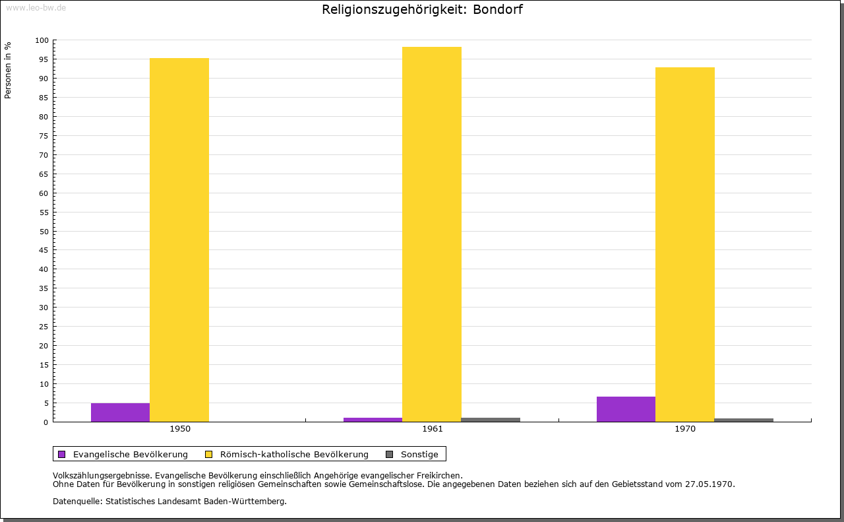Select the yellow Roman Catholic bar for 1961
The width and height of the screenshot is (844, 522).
[x=432, y=234]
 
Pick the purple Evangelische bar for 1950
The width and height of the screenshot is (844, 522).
[x=120, y=412]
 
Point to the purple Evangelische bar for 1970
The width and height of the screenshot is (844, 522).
[x=626, y=409]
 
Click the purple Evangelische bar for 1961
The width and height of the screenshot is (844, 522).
[x=373, y=420]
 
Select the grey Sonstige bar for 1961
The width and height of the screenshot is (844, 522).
[x=491, y=420]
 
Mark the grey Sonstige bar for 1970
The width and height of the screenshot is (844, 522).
[x=744, y=420]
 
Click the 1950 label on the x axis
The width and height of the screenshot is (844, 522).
[x=180, y=429]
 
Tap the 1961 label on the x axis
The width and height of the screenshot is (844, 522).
[x=433, y=429]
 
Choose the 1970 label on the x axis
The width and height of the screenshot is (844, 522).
[x=685, y=429]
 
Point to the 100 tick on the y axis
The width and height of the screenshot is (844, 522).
[x=42, y=40]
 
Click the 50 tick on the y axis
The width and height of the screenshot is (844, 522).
[x=44, y=231]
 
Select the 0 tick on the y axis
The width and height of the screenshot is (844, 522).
[x=46, y=422]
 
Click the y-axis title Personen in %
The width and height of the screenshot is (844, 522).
[x=8, y=70]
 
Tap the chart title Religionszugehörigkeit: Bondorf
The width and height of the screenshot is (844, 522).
[x=422, y=9]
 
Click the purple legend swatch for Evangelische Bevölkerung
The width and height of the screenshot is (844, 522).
[x=62, y=454]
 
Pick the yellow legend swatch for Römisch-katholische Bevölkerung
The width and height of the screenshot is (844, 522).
[x=209, y=454]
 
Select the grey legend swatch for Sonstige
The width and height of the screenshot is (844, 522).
[x=389, y=454]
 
